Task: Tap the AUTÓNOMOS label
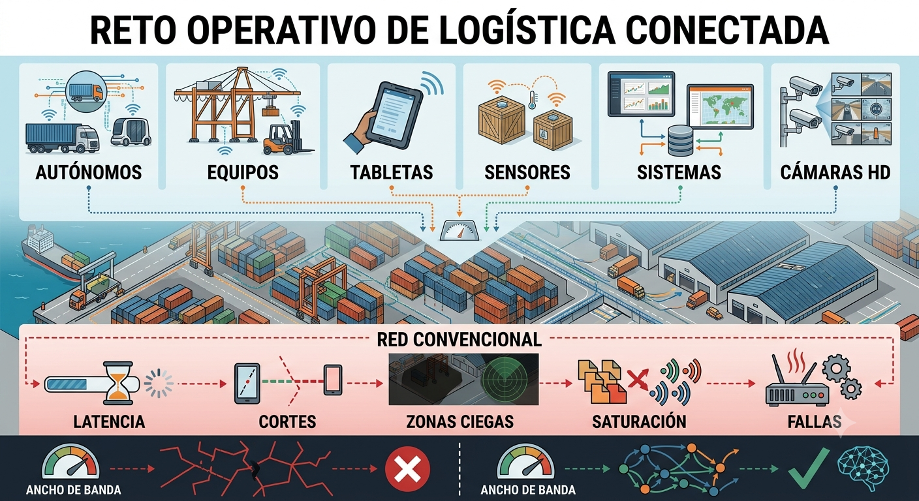(89, 172)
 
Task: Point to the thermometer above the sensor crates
(533, 99)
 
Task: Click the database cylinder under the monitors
(680, 141)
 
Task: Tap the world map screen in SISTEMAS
(721, 107)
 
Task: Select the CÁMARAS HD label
(835, 172)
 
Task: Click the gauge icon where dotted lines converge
(459, 230)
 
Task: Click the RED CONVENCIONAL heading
(459, 339)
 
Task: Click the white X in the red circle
(407, 469)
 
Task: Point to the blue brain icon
(863, 469)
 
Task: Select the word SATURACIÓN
(639, 421)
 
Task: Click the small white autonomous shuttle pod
(131, 131)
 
